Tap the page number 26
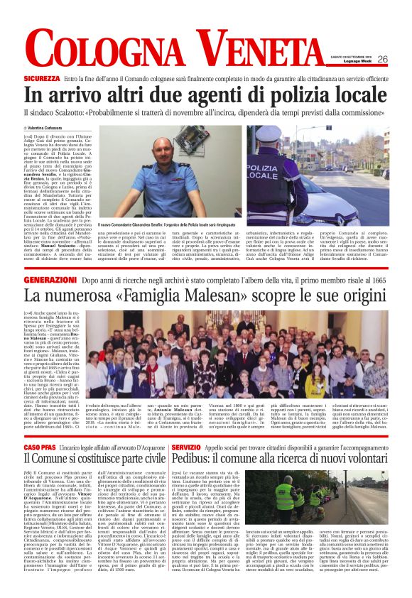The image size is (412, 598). point(382,59)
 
